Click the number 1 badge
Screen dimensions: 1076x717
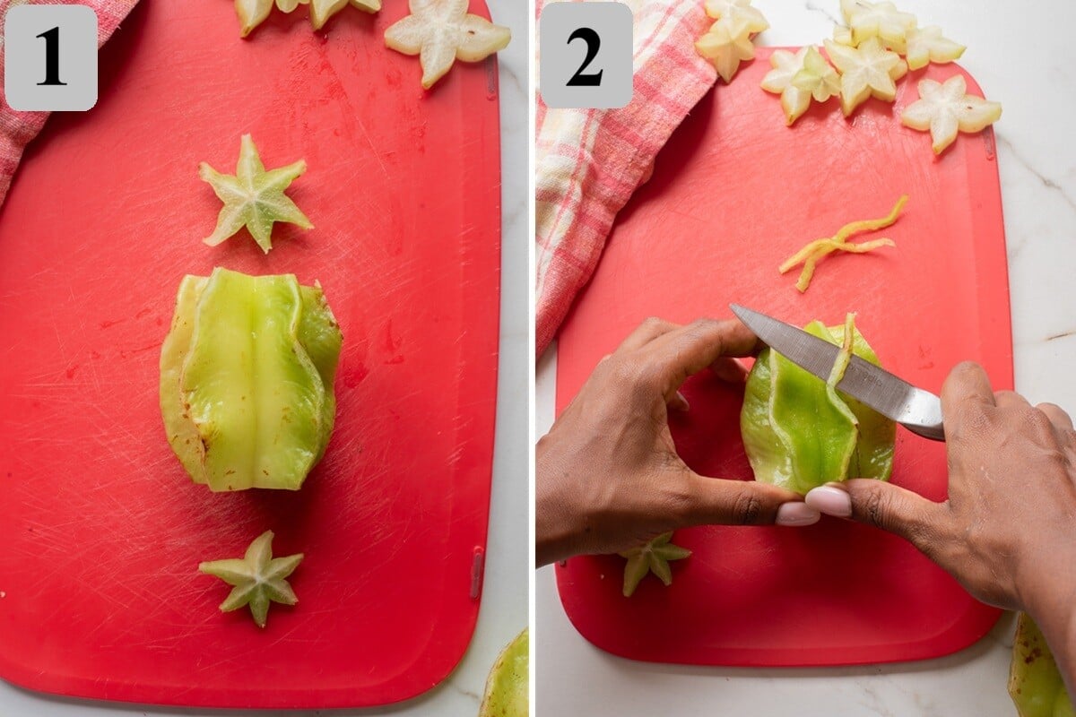51,57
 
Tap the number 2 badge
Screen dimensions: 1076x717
586,56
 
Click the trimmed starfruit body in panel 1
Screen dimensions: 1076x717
250,379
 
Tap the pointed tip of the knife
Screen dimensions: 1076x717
732,306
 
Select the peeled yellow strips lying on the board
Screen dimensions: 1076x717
841,243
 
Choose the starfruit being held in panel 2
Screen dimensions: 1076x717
817,413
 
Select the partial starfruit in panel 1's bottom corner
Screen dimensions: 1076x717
507,678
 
